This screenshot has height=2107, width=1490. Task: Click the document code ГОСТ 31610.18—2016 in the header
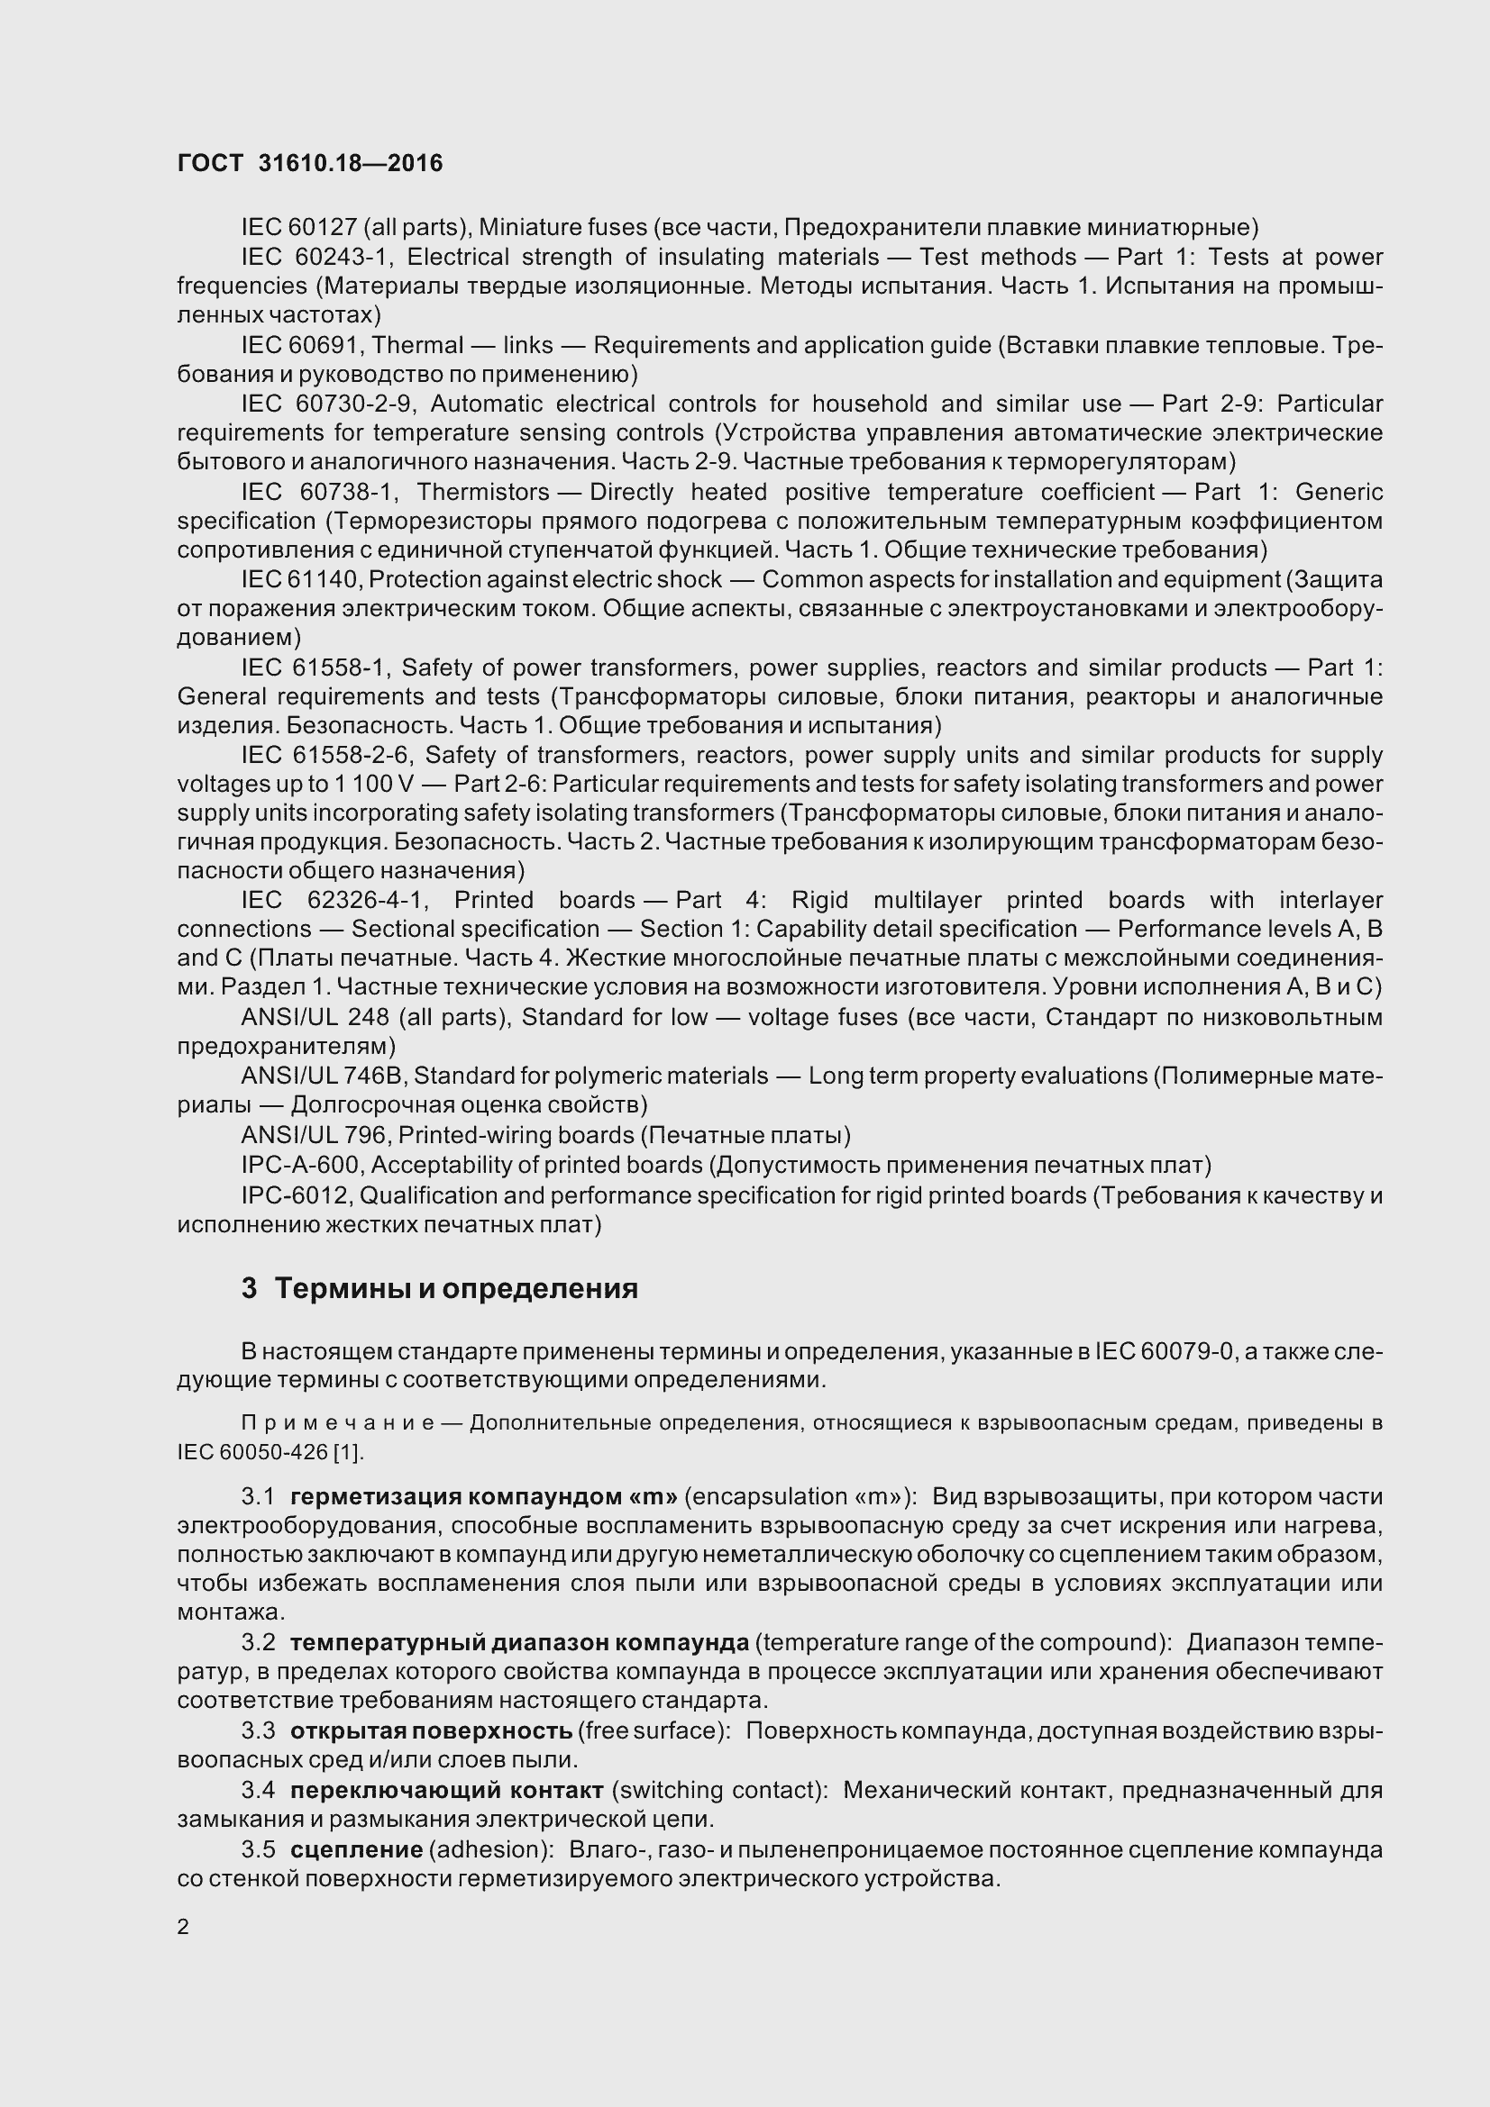coord(309,163)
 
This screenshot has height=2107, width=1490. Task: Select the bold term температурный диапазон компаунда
coord(519,1642)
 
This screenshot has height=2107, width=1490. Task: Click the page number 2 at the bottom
coord(183,1926)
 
